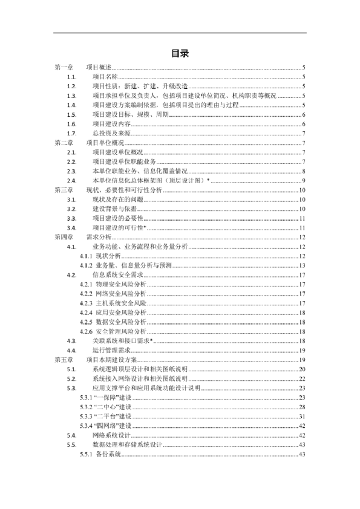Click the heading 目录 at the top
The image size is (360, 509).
click(x=180, y=54)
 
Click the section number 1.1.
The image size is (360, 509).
click(x=71, y=77)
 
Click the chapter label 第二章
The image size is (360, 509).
click(x=64, y=143)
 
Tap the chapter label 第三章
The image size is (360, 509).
click(x=64, y=190)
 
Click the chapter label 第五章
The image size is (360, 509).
click(x=64, y=360)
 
